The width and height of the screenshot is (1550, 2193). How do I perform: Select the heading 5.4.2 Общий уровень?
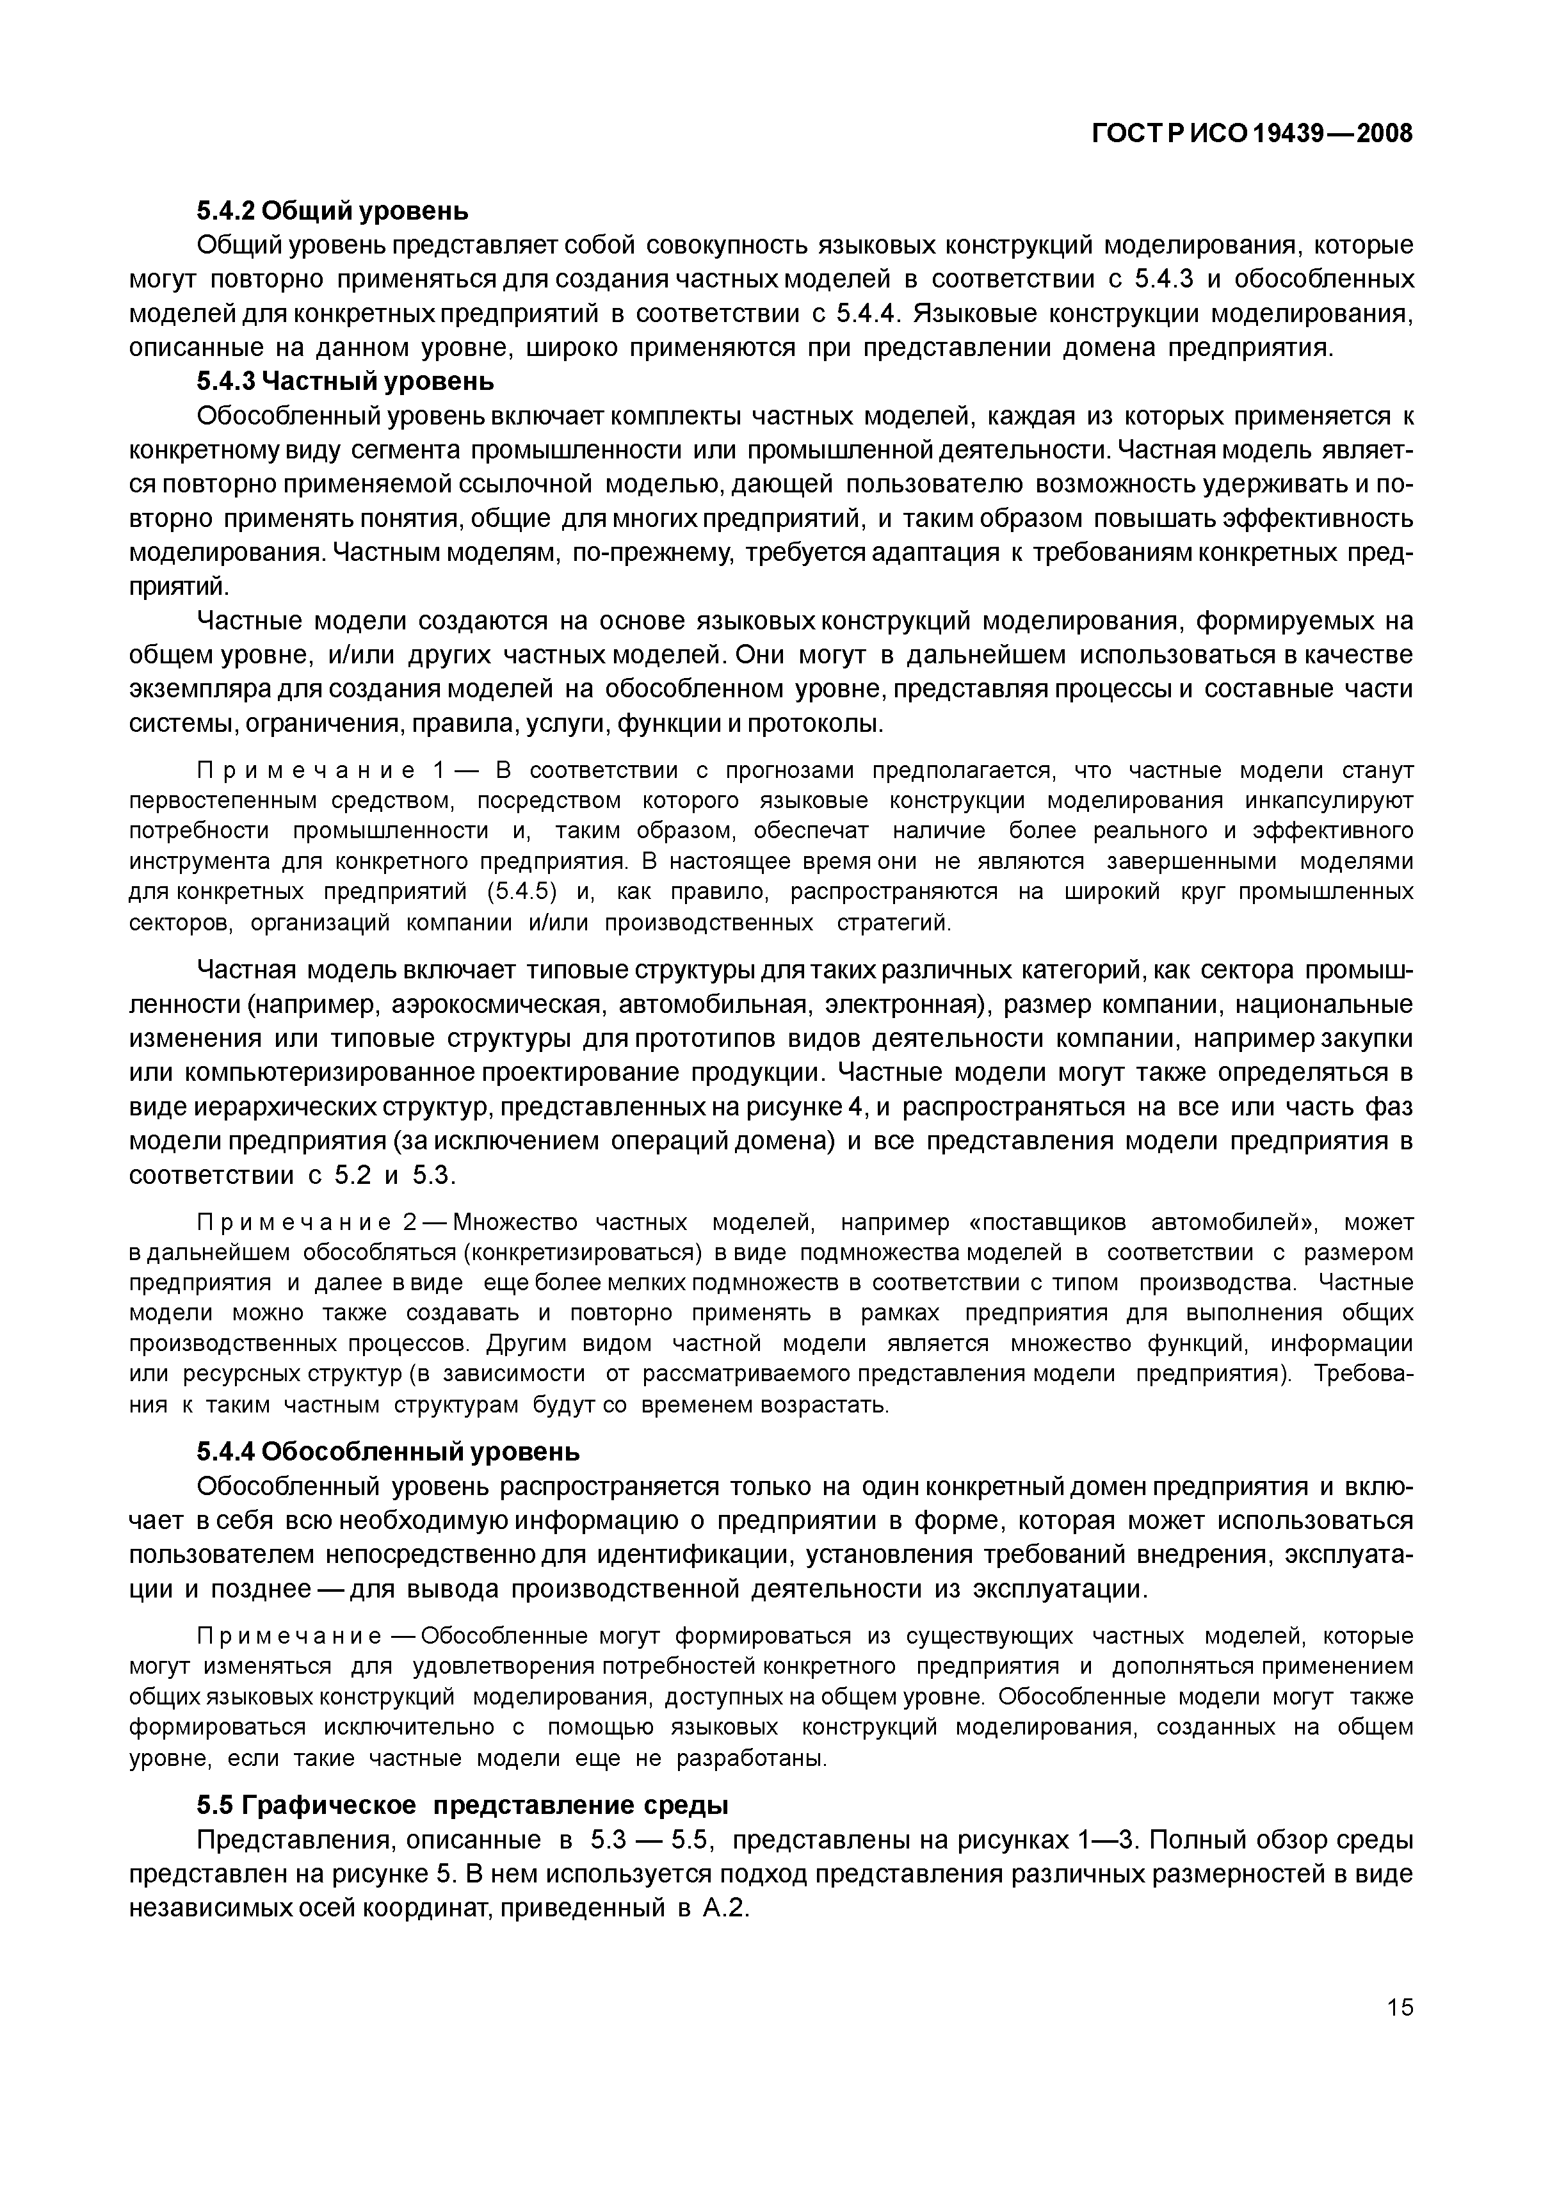332,210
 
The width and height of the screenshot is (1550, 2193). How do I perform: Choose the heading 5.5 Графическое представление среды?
462,1805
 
